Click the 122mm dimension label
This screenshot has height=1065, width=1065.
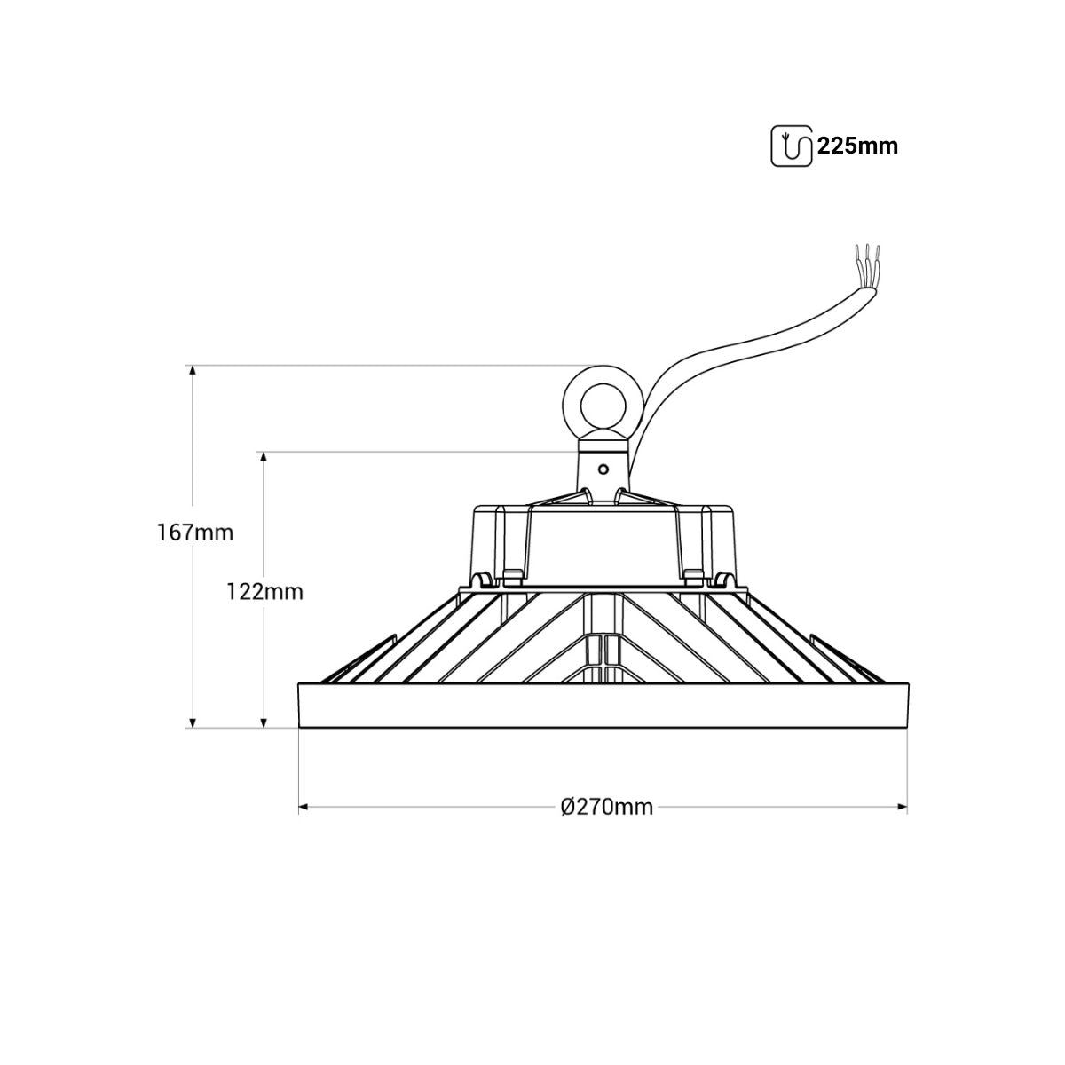coord(264,591)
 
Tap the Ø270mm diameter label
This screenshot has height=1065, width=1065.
coord(607,807)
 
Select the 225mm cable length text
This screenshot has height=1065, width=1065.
coord(857,146)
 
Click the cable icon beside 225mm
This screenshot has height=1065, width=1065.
coord(792,146)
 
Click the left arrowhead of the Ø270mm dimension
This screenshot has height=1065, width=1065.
coord(304,807)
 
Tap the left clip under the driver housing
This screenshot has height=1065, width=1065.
coord(485,580)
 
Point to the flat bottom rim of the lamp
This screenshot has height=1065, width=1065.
coord(603,706)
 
